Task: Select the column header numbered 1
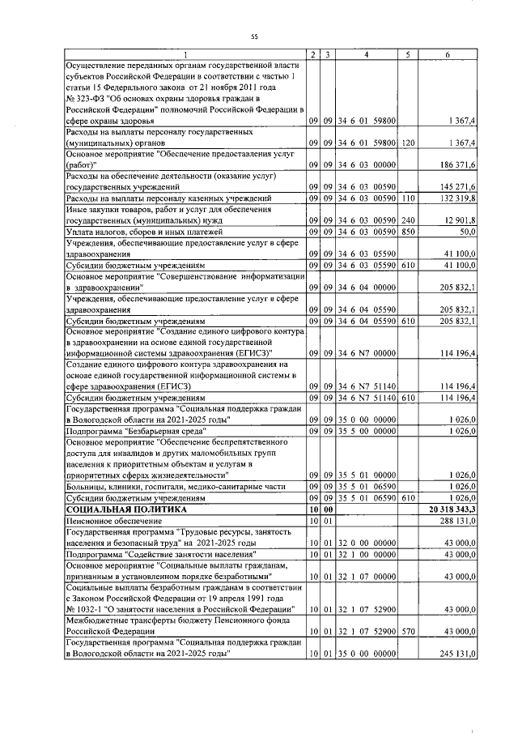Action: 185,54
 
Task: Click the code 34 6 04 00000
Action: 367,288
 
